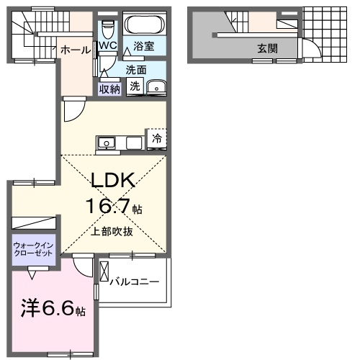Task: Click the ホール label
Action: click(75, 50)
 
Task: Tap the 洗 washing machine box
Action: click(135, 86)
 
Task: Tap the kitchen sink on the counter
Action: click(107, 143)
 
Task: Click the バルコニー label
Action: click(135, 282)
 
